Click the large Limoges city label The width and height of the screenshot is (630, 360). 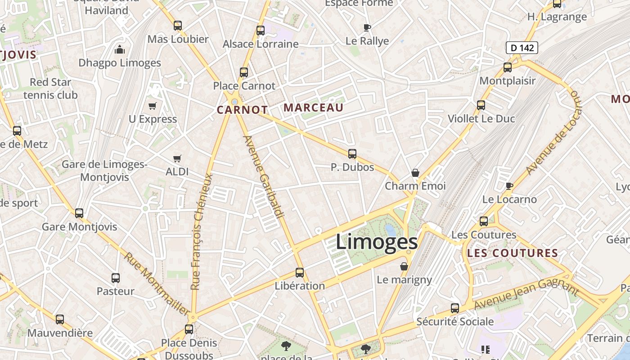377,242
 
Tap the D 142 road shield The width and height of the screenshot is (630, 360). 522,47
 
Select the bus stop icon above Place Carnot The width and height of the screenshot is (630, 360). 244,72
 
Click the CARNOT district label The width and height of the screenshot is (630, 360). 242,110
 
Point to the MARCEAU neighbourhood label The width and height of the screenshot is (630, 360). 314,108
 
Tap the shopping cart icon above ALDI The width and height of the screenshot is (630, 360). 177,158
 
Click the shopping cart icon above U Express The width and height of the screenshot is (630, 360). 153,106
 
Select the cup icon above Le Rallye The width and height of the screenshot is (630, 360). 367,27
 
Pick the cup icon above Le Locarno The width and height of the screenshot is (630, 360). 509,186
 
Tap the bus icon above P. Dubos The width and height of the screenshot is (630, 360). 352,154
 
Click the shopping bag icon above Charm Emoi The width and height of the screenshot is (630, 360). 415,173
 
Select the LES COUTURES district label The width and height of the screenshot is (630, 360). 513,253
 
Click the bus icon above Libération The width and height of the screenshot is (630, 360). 300,272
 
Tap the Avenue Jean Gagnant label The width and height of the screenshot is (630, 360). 526,294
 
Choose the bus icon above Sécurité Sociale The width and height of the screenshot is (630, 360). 455,308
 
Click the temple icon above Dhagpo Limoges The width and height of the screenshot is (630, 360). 120,49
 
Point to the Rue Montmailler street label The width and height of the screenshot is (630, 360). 157,283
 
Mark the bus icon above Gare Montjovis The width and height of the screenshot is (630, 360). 79,213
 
